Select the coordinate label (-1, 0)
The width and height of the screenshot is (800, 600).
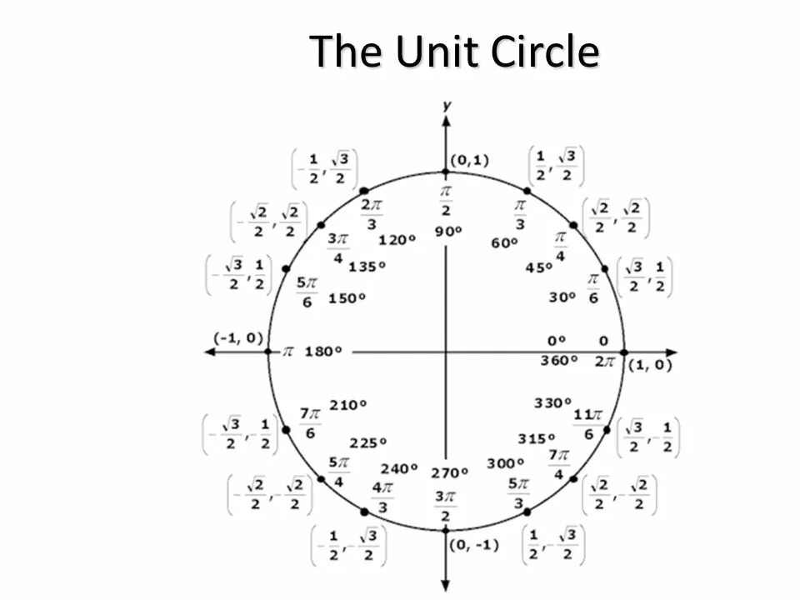(237, 337)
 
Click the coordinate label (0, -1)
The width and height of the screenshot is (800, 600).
(473, 545)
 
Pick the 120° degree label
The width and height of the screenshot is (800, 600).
(397, 240)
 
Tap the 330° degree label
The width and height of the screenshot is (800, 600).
(552, 403)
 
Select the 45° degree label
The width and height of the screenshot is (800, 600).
(538, 267)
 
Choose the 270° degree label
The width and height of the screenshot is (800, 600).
(449, 472)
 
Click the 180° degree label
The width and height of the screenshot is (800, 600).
(323, 352)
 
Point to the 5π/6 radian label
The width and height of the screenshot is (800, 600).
(307, 292)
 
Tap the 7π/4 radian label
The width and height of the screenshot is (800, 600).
(558, 464)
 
